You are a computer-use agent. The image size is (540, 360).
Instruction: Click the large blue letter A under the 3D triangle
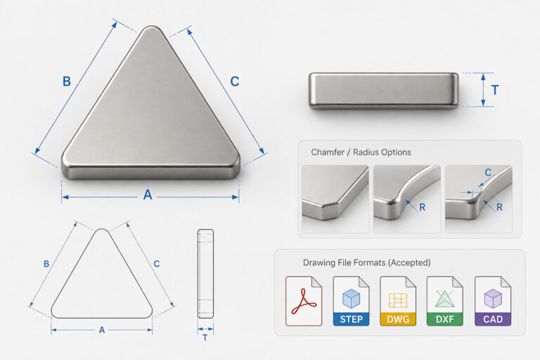(x=148, y=195)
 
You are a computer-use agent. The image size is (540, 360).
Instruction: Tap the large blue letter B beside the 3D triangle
(x=67, y=82)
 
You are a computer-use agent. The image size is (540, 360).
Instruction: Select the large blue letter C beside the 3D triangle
(x=235, y=82)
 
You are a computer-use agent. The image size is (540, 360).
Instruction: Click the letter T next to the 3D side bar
(x=495, y=90)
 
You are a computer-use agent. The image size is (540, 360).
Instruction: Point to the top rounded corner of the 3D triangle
(x=151, y=29)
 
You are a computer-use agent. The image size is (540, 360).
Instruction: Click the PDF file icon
(x=304, y=301)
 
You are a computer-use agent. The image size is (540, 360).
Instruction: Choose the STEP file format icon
(x=351, y=301)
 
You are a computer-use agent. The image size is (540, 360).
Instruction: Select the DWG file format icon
(x=398, y=301)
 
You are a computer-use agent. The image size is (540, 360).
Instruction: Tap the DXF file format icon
(x=444, y=301)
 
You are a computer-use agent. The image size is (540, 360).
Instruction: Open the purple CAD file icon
(x=492, y=301)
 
